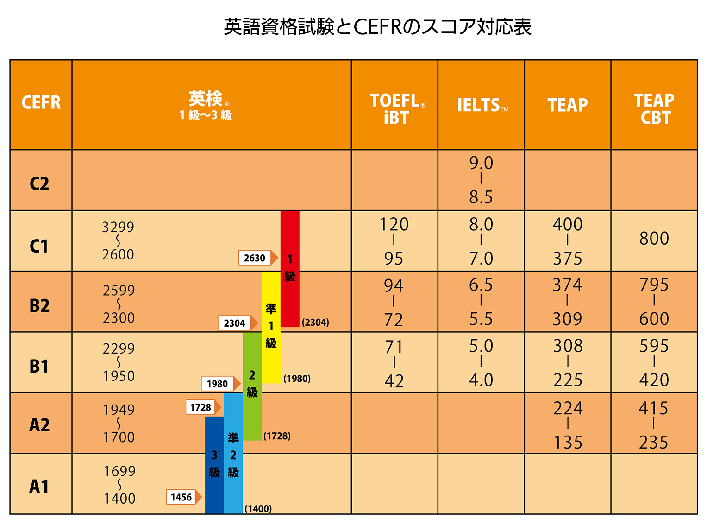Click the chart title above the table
pos(377,27)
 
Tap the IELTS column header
pos(481,106)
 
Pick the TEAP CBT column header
pos(654,108)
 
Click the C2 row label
pos(39,183)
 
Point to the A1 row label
pos(39,486)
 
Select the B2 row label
pos(39,306)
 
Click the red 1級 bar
pos(290,269)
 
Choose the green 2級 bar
pos(252,385)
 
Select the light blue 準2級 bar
pos(233,454)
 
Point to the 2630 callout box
pos(255,258)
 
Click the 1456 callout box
pos(181,497)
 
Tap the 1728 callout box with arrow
pos(200,407)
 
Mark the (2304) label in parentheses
pos(315,323)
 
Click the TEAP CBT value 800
pos(654,239)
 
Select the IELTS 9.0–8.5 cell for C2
pos(481,180)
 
